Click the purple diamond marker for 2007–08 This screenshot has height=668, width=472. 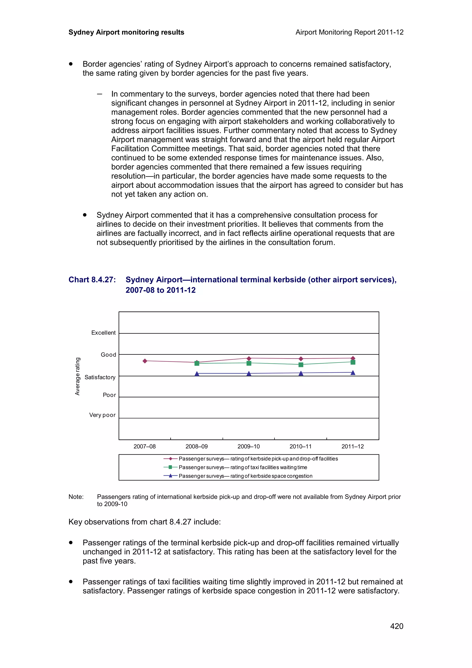[145, 361]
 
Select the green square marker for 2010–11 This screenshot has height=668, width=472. [301, 365]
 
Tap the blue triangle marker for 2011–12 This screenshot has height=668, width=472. [353, 373]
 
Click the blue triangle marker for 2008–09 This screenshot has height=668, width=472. [197, 374]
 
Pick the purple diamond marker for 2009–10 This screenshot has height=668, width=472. [249, 358]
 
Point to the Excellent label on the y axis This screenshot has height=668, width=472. [103, 333]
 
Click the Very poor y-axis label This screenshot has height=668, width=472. [102, 415]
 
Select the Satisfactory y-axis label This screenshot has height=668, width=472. [100, 377]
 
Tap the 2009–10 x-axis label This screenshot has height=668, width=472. [248, 446]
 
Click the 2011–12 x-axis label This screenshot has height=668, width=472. [352, 446]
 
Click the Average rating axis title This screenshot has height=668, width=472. [77, 376]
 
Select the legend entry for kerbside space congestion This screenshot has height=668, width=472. [245, 476]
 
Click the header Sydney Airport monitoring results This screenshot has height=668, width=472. [126, 32]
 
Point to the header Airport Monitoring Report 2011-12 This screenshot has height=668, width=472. [349, 32]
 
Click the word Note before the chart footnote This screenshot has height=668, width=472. [76, 497]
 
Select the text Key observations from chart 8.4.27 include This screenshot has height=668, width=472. [145, 522]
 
